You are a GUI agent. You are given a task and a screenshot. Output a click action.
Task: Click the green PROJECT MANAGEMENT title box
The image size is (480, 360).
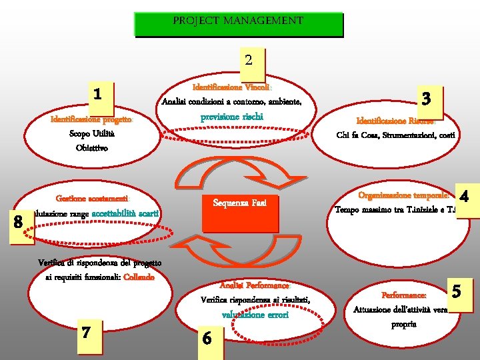click(x=238, y=23)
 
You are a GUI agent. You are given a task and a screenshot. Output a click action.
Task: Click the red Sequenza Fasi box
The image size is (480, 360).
click(x=239, y=203)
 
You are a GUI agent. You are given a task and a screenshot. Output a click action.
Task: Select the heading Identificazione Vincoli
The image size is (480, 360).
click(x=231, y=87)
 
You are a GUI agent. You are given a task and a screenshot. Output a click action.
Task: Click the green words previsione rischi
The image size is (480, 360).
click(x=232, y=117)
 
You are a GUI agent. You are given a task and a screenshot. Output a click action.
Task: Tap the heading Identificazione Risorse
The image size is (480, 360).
click(x=396, y=121)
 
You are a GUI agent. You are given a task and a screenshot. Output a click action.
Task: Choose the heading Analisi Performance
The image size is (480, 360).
click(x=245, y=285)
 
